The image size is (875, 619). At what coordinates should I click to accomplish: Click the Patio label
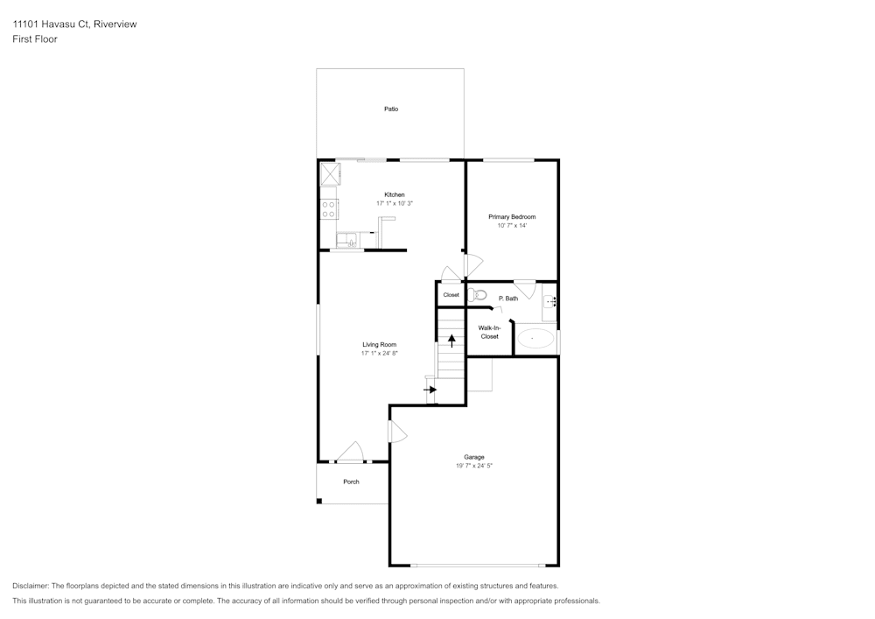391,109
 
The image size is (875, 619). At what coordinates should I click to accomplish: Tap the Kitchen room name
395,194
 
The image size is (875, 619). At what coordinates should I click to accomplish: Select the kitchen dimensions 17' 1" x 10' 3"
395,203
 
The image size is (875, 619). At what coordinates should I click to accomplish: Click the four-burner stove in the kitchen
330,208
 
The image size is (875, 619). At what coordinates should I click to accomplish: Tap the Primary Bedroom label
512,216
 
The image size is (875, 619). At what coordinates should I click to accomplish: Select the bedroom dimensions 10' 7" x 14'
512,226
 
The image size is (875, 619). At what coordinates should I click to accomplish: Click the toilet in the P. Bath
477,295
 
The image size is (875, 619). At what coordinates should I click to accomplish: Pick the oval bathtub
535,338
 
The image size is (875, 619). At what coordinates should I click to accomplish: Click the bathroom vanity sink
550,302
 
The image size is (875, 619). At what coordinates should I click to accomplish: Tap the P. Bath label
508,299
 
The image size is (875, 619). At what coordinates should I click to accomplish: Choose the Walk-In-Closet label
489,332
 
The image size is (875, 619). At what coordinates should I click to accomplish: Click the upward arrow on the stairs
451,341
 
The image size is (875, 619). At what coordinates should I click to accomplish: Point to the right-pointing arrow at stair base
430,389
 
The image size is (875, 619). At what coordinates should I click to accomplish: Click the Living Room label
380,345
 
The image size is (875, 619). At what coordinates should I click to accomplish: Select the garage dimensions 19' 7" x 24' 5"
474,466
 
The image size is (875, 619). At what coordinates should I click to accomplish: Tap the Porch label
351,482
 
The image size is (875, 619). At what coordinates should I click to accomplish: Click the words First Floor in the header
35,39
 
